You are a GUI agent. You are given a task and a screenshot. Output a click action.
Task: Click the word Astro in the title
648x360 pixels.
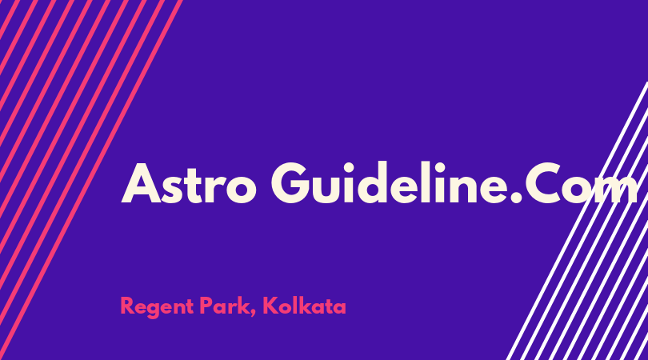pos(189,183)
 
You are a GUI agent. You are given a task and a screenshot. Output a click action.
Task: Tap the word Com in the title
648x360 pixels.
pos(582,182)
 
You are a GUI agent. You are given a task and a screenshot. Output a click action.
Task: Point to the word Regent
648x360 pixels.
pos(157,307)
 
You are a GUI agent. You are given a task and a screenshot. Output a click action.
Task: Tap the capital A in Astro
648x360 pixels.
pos(141,183)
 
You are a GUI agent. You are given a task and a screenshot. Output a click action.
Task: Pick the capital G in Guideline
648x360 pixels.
pos(291,182)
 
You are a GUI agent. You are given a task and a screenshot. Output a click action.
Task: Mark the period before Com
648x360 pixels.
pos(517,197)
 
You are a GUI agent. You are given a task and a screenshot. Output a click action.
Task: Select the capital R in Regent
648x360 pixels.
pos(127,306)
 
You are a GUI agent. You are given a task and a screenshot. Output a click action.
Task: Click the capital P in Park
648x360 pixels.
pos(207,306)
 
